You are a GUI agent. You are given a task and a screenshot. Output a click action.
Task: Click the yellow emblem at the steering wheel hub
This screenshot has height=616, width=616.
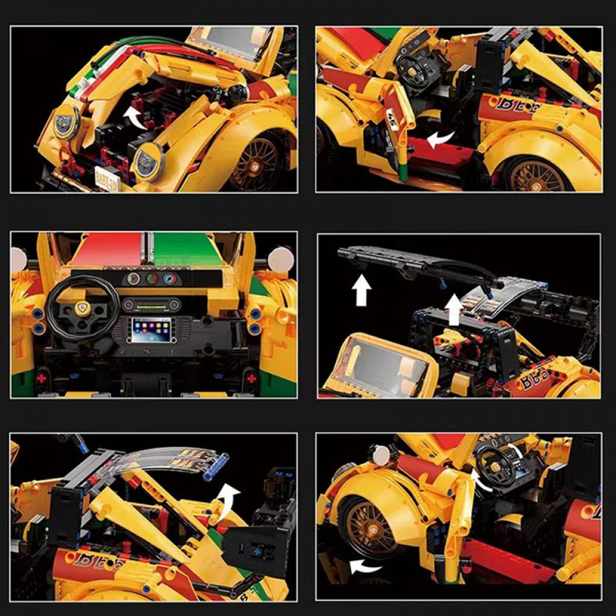click(83, 307)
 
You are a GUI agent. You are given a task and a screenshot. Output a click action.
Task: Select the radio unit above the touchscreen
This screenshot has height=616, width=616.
click(151, 304)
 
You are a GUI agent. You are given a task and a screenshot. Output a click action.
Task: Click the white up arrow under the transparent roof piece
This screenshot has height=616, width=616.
click(453, 309)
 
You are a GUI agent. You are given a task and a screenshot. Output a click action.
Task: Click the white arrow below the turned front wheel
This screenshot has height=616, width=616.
click(363, 564)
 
